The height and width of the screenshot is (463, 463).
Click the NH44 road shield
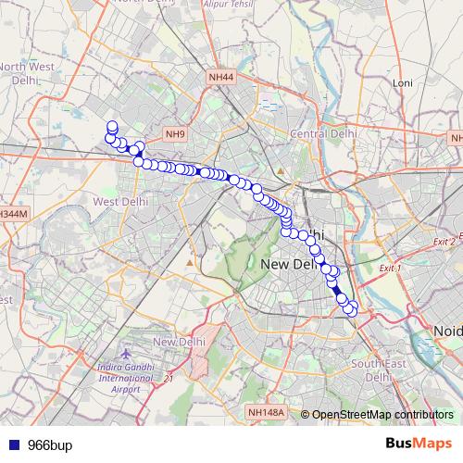click(x=221, y=78)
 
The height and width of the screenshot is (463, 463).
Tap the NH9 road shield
click(x=176, y=134)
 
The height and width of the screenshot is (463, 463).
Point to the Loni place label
click(x=402, y=83)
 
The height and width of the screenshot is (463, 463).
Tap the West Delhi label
click(x=120, y=201)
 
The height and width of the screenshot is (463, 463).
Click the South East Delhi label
click(x=375, y=369)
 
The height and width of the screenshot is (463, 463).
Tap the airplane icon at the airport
click(x=127, y=355)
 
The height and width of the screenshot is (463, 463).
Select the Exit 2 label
click(x=445, y=241)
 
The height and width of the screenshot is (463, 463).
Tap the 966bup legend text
click(x=48, y=444)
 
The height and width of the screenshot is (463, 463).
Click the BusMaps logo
click(x=419, y=444)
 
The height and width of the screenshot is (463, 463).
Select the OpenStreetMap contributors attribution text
click(x=382, y=414)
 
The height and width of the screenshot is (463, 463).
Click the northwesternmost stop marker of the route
click(x=112, y=127)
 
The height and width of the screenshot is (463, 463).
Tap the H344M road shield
click(x=13, y=213)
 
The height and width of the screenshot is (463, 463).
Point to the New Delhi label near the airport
click(x=178, y=343)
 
